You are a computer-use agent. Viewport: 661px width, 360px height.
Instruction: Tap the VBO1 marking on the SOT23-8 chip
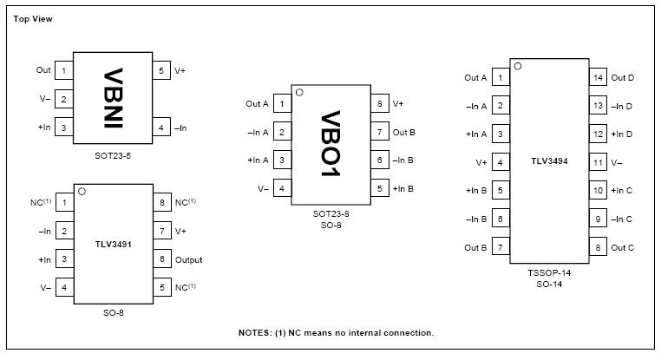click(x=331, y=145)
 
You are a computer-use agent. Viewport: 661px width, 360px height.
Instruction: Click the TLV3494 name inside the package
click(x=550, y=162)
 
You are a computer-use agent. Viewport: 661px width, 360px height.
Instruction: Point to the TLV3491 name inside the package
click(x=114, y=245)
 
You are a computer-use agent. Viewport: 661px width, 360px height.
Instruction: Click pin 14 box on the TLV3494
click(x=598, y=77)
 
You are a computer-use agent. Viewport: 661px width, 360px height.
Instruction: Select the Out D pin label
click(x=623, y=78)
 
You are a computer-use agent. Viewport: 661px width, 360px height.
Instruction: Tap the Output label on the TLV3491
click(x=188, y=259)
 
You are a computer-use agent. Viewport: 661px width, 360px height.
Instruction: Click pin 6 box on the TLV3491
click(x=161, y=259)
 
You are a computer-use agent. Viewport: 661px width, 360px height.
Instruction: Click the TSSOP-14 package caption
click(x=550, y=272)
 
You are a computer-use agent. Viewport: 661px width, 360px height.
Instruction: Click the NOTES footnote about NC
click(x=336, y=332)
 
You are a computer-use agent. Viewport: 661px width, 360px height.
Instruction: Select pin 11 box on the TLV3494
click(x=598, y=162)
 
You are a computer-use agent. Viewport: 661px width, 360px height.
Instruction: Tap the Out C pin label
click(x=623, y=247)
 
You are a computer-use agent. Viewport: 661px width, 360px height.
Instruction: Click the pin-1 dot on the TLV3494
click(x=518, y=65)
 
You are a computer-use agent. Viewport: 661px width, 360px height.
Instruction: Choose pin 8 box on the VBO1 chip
click(x=379, y=104)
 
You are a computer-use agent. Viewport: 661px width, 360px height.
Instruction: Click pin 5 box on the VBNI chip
click(x=161, y=70)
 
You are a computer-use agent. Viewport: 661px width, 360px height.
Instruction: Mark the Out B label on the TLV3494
click(x=475, y=247)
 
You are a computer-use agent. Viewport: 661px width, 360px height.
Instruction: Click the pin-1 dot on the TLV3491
click(x=82, y=192)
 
